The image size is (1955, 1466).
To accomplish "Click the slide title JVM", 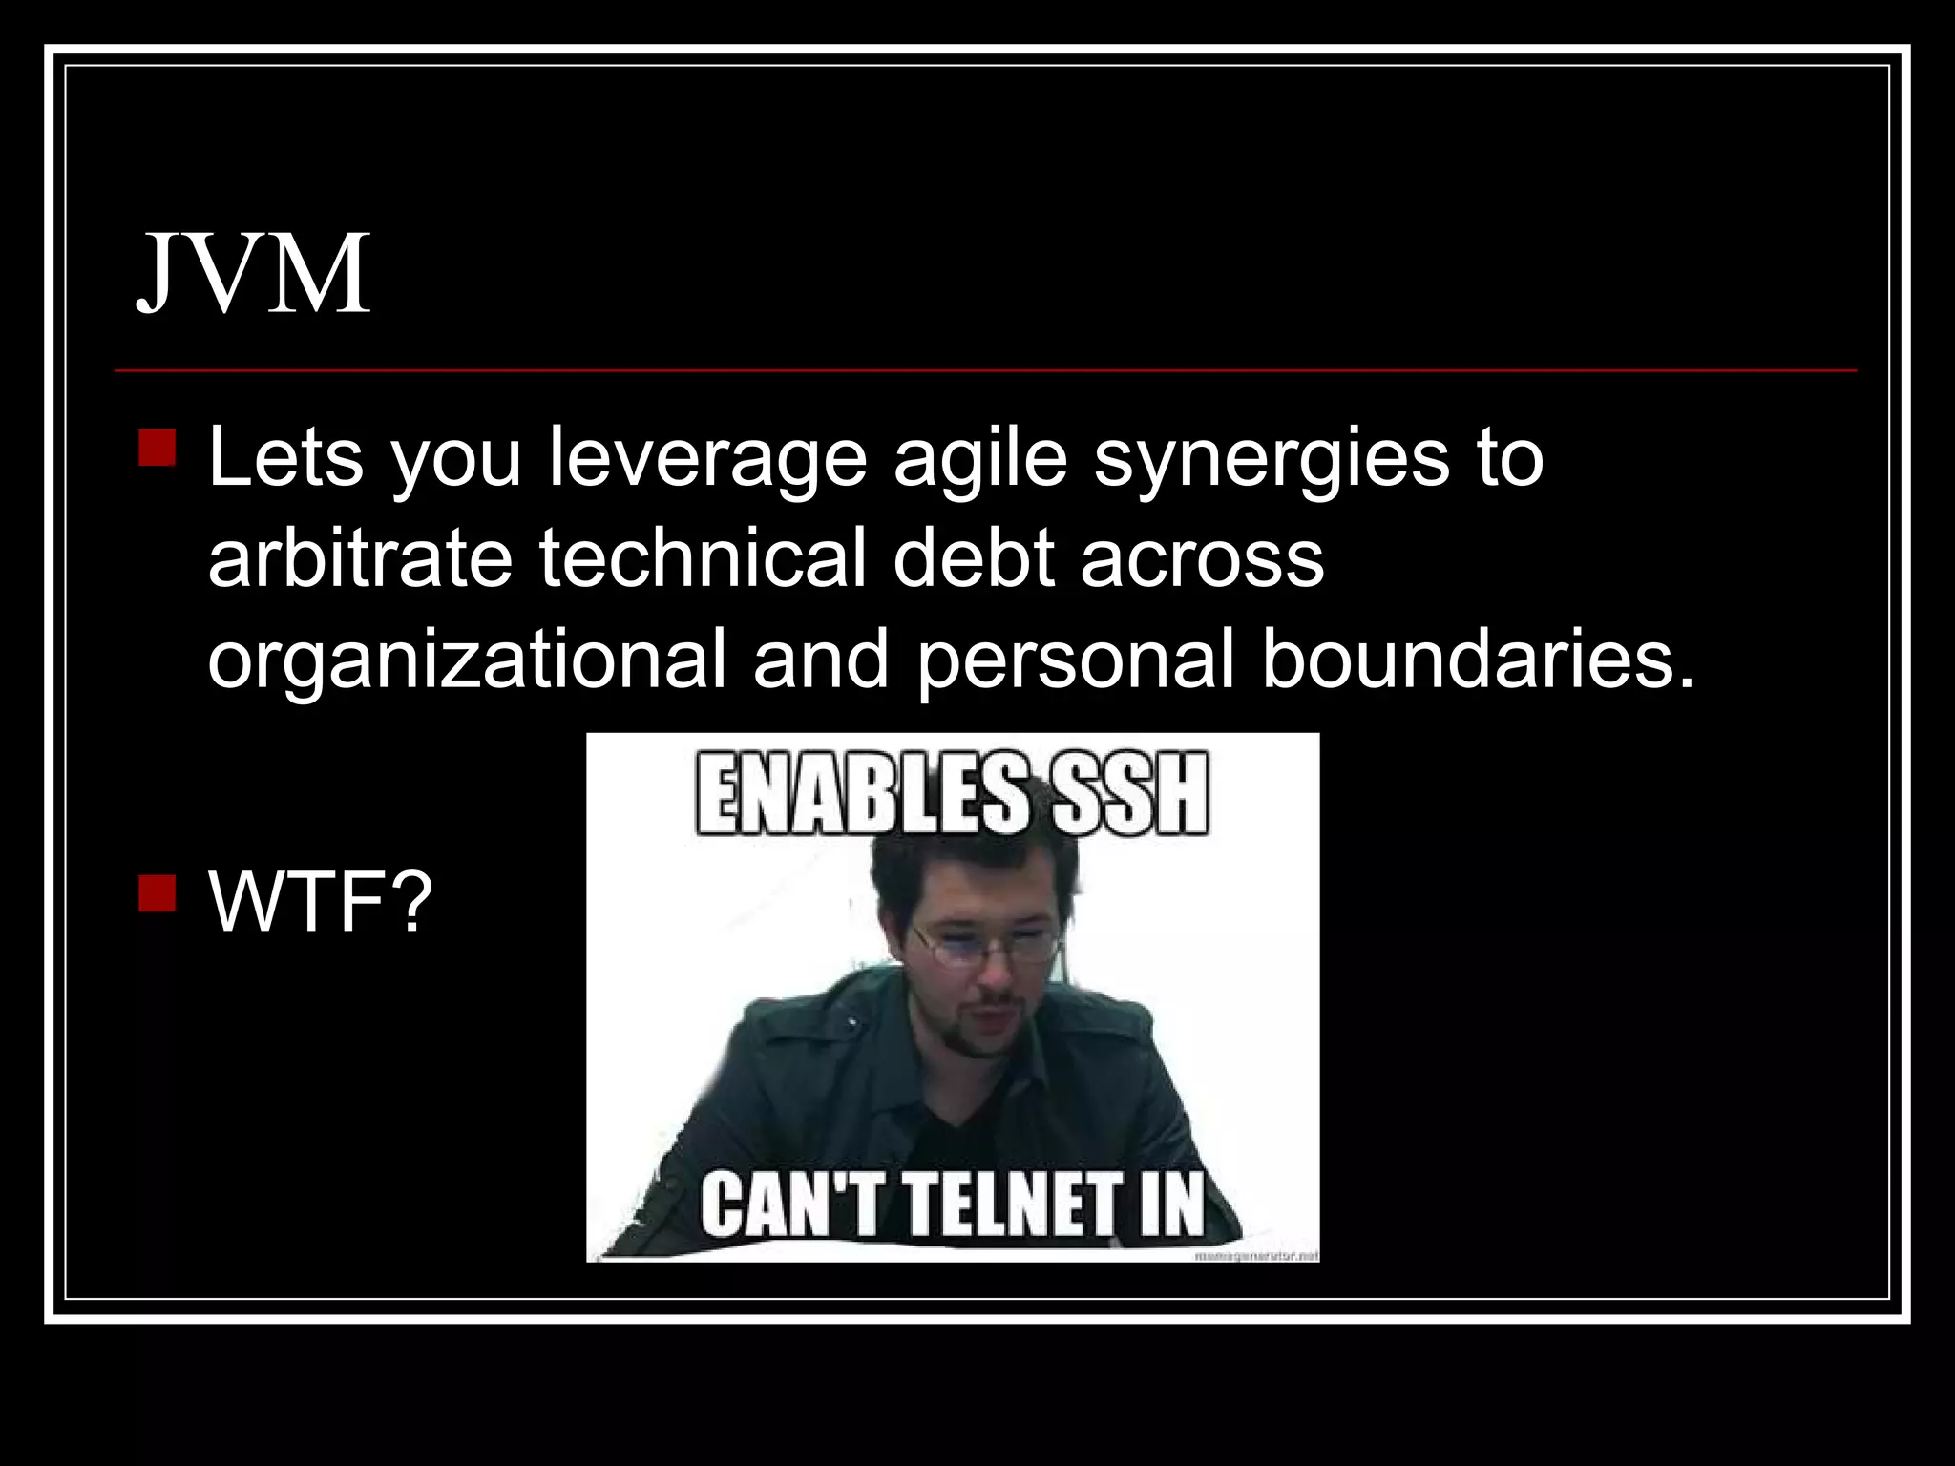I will [x=254, y=274].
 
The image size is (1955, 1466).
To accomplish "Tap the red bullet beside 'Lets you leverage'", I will [x=157, y=448].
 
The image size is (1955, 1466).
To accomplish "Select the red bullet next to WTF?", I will [x=157, y=893].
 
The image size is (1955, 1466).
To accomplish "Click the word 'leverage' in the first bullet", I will [x=707, y=460].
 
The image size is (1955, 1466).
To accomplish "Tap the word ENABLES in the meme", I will [x=862, y=795].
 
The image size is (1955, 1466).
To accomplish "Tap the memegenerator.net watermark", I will [x=1256, y=1256].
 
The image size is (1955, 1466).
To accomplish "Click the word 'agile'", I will [x=979, y=460].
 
